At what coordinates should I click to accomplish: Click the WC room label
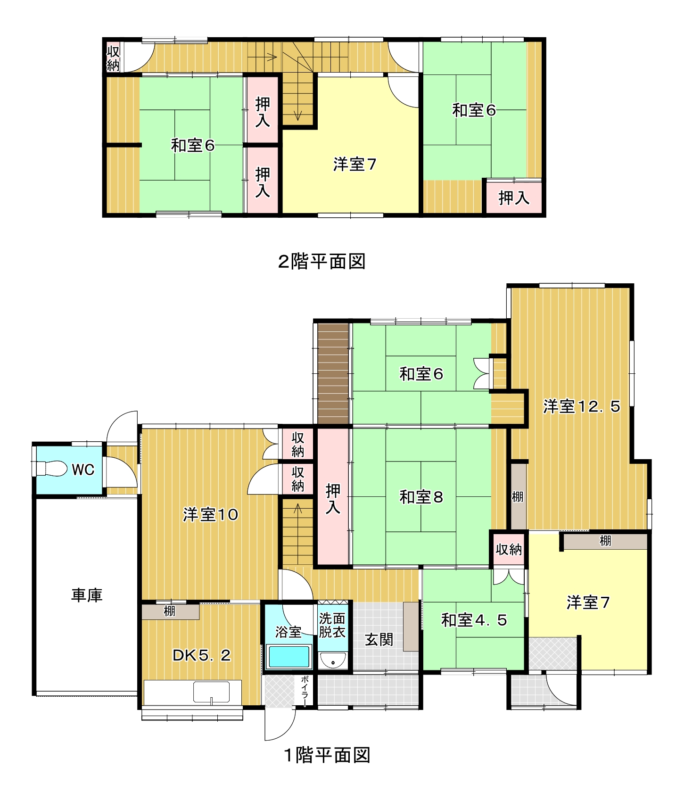click(x=83, y=470)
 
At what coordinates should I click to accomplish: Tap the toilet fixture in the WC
click(x=51, y=469)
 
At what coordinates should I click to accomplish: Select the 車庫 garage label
click(x=87, y=595)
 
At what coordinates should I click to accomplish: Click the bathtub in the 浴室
click(x=289, y=657)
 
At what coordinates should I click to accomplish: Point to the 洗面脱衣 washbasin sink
click(x=333, y=660)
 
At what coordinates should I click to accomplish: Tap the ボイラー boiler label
click(x=305, y=691)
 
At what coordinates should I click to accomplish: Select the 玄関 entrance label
click(x=379, y=640)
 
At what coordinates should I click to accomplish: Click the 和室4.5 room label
click(x=474, y=620)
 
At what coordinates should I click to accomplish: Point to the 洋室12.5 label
click(x=581, y=406)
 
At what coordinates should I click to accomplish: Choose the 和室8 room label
click(x=421, y=497)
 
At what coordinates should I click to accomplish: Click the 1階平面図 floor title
click(x=327, y=755)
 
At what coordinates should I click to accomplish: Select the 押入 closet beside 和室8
click(x=333, y=497)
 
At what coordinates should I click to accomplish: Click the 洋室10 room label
click(x=210, y=514)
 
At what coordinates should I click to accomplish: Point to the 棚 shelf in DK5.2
click(x=170, y=611)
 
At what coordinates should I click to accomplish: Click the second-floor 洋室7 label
click(x=354, y=165)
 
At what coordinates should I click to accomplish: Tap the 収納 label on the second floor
click(x=113, y=58)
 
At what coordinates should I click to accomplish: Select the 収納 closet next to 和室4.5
click(x=509, y=549)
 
